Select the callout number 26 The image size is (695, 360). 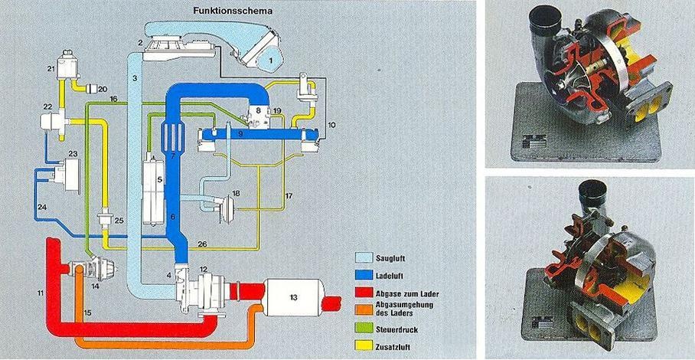click(x=201, y=244)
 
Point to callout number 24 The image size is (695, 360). click(x=43, y=207)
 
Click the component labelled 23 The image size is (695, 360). click(x=73, y=169)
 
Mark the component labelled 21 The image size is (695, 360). click(x=64, y=61)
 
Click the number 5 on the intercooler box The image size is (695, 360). click(x=159, y=180)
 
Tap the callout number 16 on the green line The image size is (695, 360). click(x=113, y=99)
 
